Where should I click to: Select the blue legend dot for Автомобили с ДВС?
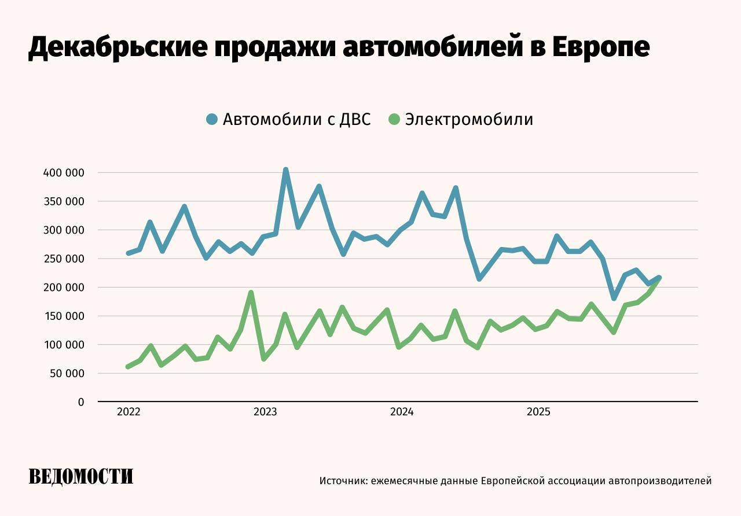pos(212,120)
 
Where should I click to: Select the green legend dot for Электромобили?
pos(394,120)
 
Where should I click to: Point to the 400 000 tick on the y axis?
pos(64,173)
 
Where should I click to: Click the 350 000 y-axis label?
pos(64,202)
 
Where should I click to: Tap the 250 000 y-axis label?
pos(64,259)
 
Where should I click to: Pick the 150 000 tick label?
pos(64,316)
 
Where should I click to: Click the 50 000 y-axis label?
pos(66,374)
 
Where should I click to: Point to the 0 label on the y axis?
pos(81,402)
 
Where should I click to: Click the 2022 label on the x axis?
pos(129,412)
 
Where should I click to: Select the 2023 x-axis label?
pos(265,412)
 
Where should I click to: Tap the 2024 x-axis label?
pos(402,412)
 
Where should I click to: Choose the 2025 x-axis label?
pos(538,412)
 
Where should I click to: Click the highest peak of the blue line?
pos(285,170)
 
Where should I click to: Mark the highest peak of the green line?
pos(251,293)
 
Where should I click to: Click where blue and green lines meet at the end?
pos(659,278)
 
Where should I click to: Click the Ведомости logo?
pos(81,477)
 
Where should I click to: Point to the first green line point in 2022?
pos(128,367)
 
